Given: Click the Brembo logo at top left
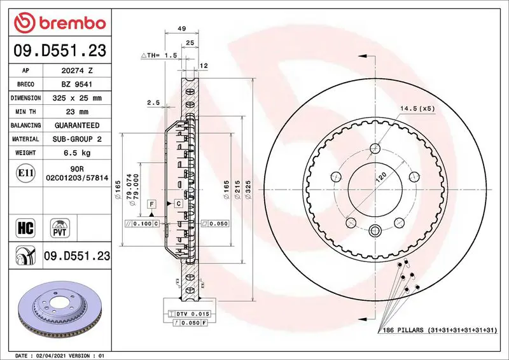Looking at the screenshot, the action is point(60,22).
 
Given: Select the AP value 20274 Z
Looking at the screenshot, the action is point(77,71).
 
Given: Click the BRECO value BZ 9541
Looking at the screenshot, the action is point(77,85).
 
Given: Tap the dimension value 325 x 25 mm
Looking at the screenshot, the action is point(77,98).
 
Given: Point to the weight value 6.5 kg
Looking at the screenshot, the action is point(77,153).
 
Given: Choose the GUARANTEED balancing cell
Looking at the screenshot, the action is point(77,125).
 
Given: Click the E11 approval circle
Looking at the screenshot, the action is point(25,173).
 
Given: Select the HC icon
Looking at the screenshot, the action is point(25,228).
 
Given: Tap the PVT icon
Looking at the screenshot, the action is point(60,228).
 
